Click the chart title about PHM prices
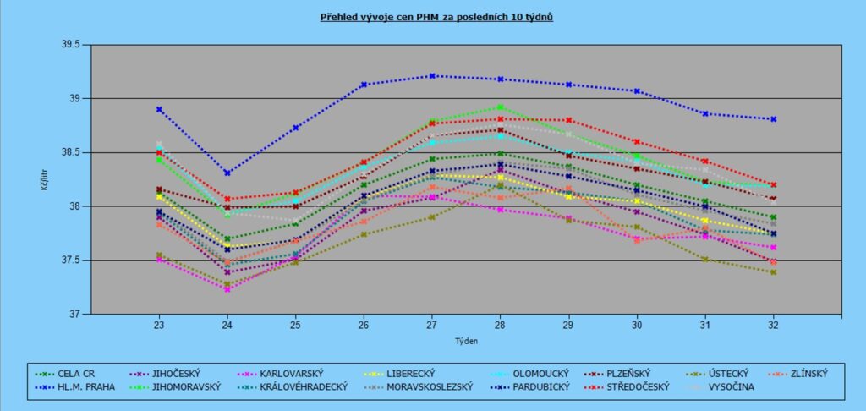tap(436, 16)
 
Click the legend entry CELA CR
tap(77, 372)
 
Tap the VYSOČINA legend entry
tap(729, 387)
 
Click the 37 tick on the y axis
tap(73, 315)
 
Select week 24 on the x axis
tap(227, 325)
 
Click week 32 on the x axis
tap(773, 325)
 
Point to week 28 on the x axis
tap(500, 325)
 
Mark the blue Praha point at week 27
tap(431, 76)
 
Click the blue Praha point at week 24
tap(227, 173)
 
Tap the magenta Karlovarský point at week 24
tap(227, 289)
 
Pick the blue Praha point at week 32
tap(773, 119)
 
